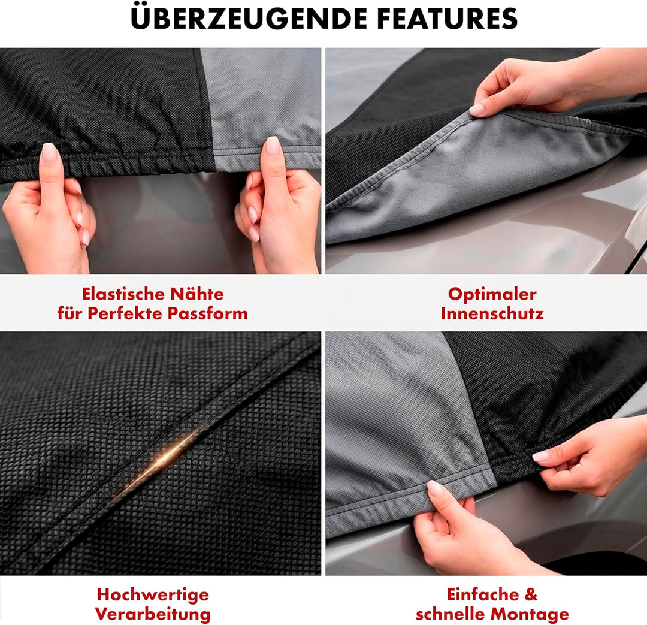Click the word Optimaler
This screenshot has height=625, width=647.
pos(492,294)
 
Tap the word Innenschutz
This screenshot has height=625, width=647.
pos(492,313)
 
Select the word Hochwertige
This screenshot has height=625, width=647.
pos(153,595)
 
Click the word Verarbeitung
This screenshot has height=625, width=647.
pos(153,614)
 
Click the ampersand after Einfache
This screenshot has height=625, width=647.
pos(531,595)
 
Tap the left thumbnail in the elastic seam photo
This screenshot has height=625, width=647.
pos(49,152)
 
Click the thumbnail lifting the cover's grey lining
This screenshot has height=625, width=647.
pos(477,110)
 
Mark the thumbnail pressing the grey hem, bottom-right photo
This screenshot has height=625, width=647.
pos(434,488)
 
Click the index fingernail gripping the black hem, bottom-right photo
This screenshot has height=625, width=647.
pos(541,456)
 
